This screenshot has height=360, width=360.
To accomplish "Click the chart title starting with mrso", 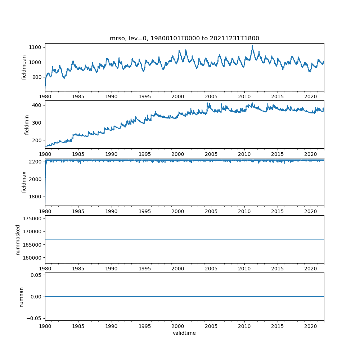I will (184, 39).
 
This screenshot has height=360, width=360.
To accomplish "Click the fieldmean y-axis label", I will (24, 67).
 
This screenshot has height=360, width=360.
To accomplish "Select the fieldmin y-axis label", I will (27, 125).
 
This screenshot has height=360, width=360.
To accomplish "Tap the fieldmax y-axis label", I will (24, 182).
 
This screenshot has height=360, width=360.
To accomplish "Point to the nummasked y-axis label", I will (18, 239).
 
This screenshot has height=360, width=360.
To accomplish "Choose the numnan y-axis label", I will (21, 297).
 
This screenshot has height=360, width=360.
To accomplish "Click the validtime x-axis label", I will (184, 333).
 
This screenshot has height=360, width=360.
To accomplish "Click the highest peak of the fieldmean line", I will (252, 46).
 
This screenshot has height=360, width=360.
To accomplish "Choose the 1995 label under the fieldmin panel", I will (145, 154).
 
